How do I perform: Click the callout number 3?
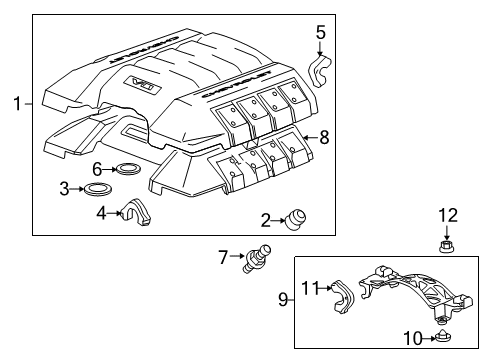coord(92,188)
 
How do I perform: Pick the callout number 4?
coord(101,212)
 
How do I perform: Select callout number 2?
coord(265,220)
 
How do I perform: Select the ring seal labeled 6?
coord(128,169)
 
